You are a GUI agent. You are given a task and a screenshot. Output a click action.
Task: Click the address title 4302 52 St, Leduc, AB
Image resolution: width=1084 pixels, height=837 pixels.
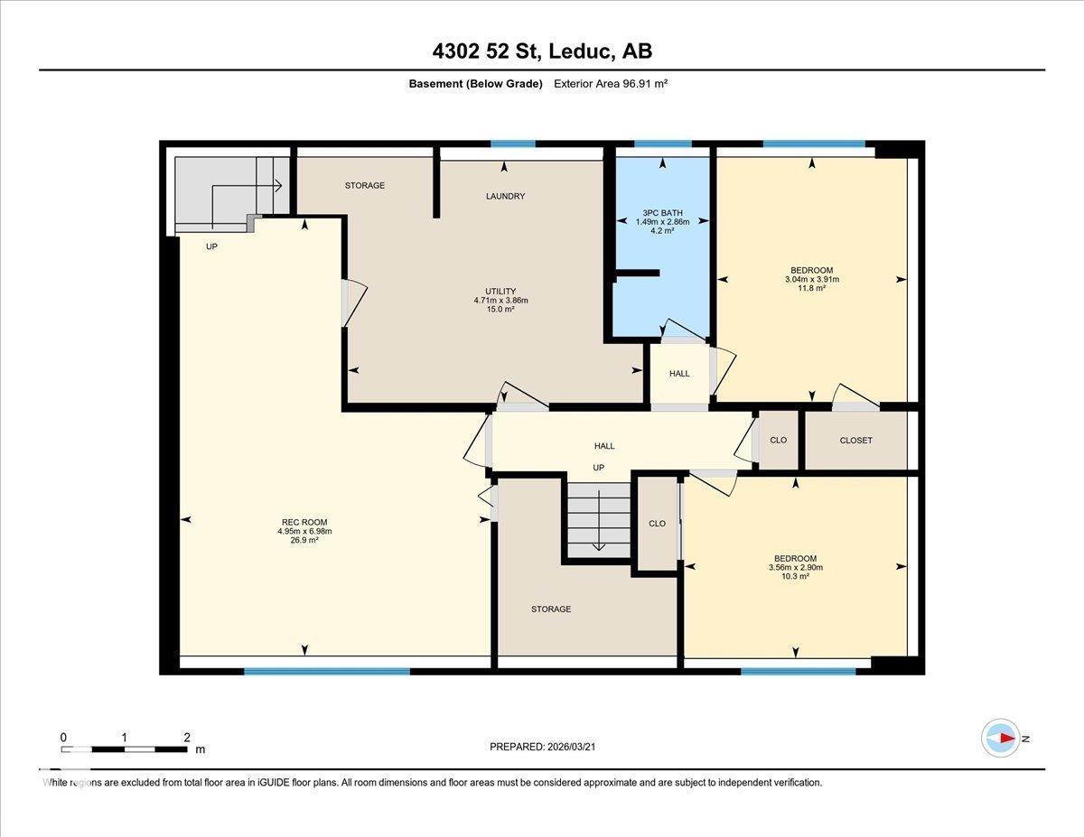542,51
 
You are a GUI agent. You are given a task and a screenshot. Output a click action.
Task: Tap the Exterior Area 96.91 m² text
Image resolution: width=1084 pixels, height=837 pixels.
612,84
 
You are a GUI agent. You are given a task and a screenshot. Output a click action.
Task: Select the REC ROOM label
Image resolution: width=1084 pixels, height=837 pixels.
304,522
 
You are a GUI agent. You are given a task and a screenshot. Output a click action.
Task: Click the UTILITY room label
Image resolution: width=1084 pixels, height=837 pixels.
500,291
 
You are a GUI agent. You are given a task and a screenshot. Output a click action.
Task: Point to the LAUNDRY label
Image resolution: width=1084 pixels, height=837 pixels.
505,197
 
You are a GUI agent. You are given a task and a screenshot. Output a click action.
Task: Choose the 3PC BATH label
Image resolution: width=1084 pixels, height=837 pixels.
662,212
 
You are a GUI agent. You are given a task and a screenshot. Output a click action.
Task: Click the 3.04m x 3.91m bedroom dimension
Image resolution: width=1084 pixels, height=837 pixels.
811,280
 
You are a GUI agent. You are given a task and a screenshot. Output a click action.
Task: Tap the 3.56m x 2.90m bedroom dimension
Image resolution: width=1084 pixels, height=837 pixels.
795,568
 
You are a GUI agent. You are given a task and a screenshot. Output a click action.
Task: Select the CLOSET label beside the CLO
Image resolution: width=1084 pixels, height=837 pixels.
855,441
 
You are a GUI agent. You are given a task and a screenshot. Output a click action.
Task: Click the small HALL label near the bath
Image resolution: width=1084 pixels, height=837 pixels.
679,374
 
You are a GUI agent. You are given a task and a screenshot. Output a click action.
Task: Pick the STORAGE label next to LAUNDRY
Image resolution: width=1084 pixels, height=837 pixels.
365,186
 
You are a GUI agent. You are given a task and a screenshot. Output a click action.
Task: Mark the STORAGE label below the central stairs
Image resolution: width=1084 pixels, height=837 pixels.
550,609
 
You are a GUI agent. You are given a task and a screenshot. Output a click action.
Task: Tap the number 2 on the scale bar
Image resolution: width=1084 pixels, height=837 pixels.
186,737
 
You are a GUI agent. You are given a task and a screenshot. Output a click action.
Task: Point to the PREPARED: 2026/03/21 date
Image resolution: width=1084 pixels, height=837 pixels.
542,747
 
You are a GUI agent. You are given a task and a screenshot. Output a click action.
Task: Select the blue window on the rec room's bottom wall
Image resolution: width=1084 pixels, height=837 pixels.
326,671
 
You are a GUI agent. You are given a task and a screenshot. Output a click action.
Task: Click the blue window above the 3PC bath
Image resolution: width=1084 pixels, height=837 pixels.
662,144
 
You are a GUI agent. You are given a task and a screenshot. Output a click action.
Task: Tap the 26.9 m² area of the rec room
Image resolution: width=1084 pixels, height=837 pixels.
304,541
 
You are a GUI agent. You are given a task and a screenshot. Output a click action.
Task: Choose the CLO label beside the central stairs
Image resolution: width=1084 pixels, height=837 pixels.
657,524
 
